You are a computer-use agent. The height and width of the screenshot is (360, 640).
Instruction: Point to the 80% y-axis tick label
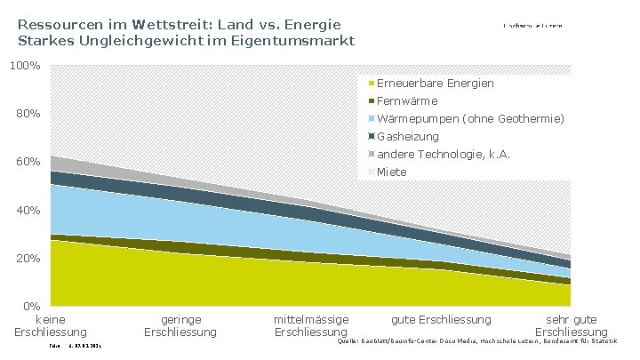[x=26, y=114]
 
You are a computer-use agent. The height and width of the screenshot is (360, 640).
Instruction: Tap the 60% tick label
[x=26, y=162]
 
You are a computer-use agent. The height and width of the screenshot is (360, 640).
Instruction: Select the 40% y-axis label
[x=26, y=210]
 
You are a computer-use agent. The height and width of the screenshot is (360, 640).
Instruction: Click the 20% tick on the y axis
[x=26, y=258]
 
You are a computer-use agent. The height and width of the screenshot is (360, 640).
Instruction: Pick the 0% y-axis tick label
[x=30, y=307]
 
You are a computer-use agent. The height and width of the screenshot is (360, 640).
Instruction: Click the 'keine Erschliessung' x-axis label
[x=51, y=325]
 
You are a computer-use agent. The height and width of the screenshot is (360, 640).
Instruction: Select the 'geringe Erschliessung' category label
[x=180, y=325]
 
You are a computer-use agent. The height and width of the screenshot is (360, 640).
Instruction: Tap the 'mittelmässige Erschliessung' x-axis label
[x=311, y=325]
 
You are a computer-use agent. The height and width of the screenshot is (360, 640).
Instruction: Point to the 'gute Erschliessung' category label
[x=441, y=319]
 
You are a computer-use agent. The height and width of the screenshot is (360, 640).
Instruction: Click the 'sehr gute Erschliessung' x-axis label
[x=571, y=325]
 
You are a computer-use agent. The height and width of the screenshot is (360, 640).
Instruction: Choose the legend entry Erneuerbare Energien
[x=436, y=83]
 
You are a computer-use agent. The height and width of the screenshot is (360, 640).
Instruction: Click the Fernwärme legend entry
[x=407, y=100]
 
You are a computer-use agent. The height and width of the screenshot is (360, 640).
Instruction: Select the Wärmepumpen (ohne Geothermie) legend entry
[x=470, y=118]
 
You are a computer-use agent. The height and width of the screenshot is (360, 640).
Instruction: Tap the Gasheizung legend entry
[x=408, y=136]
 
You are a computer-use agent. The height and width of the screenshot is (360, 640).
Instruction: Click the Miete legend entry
[x=392, y=171]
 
